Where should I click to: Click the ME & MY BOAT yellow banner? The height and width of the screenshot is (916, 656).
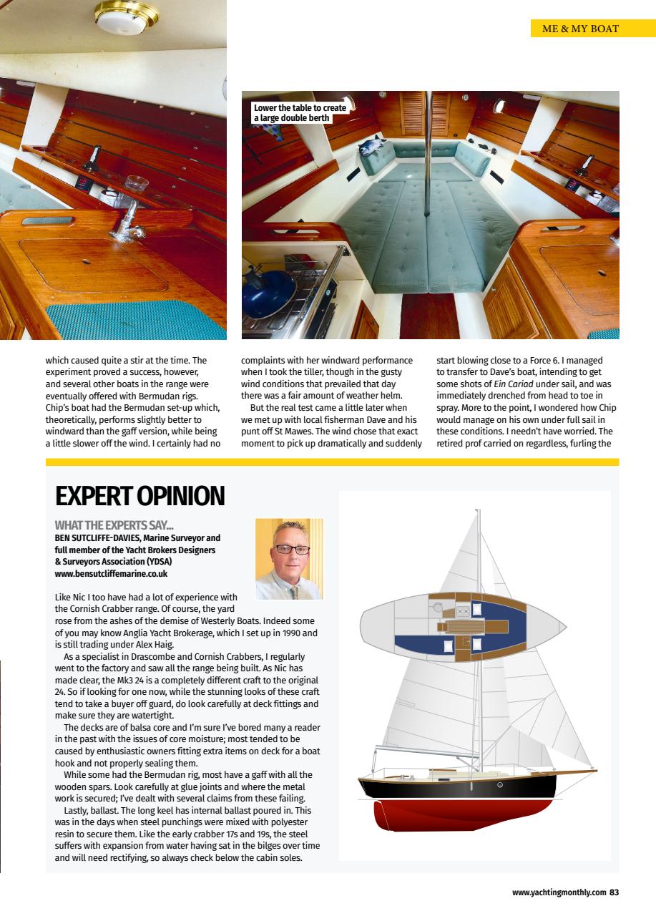(x=580, y=29)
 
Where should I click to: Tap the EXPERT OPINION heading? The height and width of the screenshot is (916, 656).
(x=139, y=496)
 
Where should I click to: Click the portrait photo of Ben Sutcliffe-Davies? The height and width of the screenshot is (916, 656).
(x=289, y=559)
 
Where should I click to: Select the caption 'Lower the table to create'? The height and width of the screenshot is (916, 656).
(x=300, y=108)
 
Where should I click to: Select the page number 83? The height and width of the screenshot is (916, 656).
(x=614, y=892)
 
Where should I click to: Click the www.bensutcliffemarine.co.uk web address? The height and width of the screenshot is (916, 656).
(x=113, y=573)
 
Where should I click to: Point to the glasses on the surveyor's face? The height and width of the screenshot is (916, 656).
(x=291, y=550)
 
